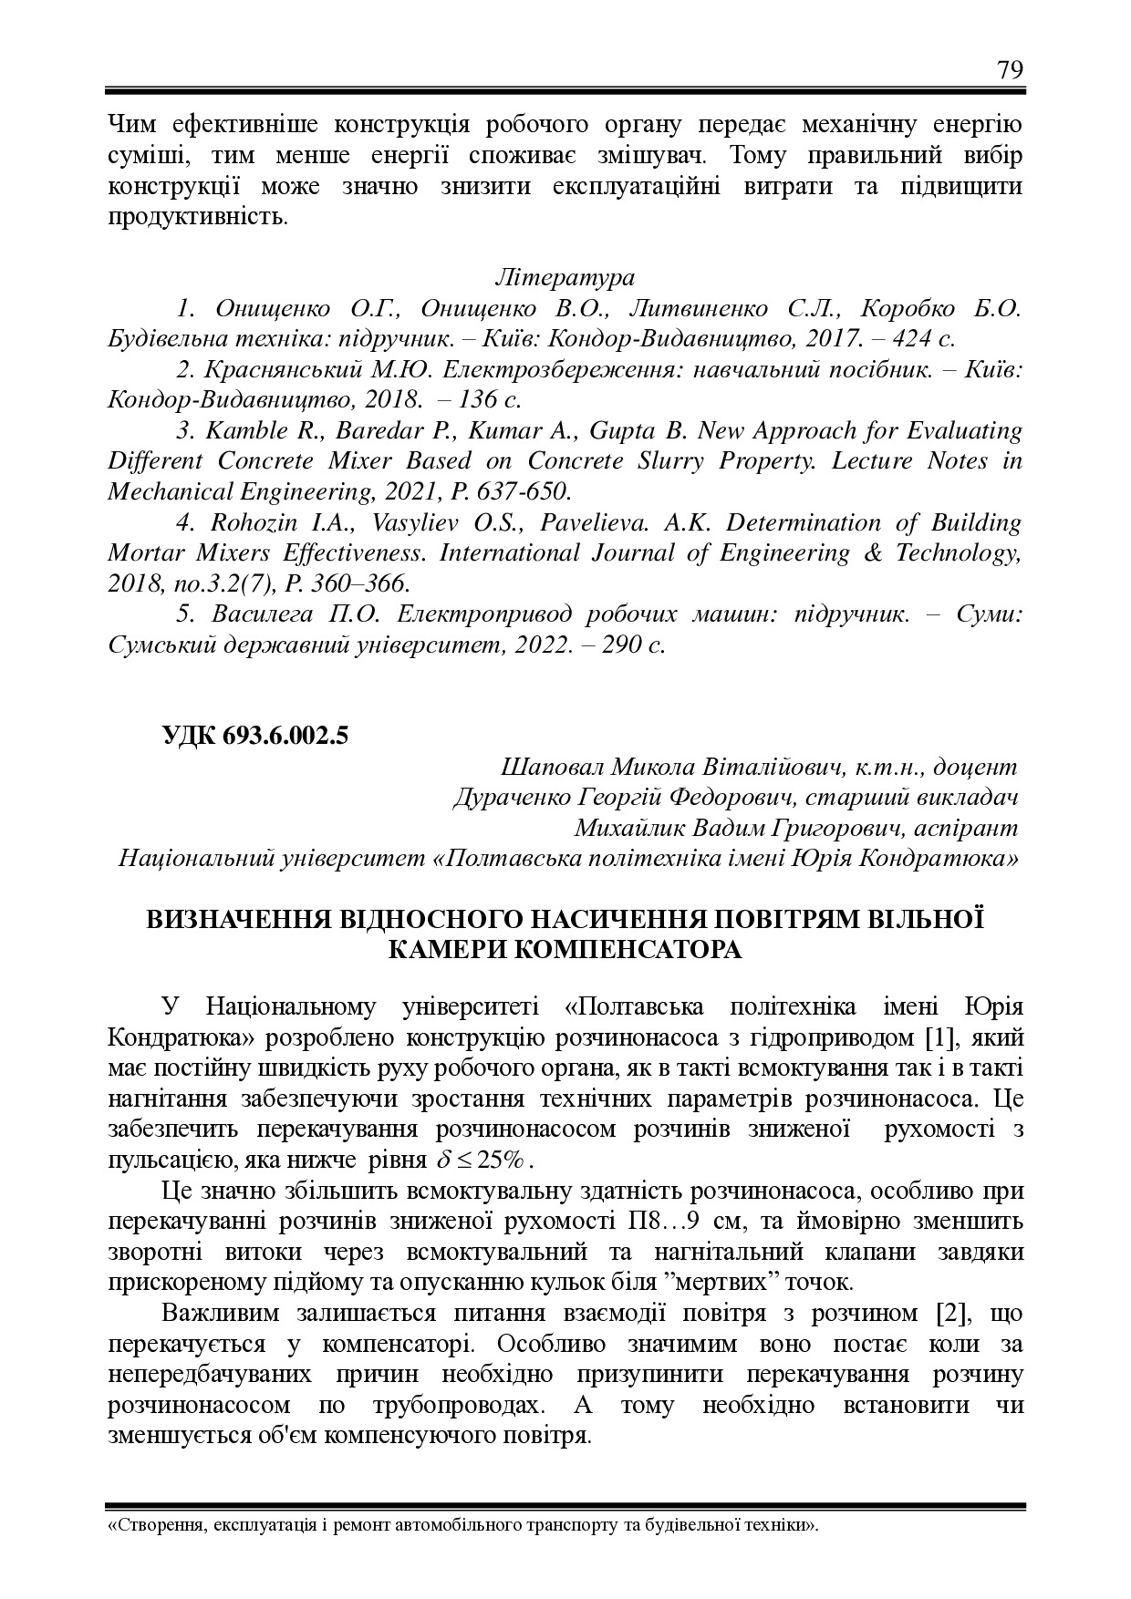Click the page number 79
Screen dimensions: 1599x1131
(x=1010, y=70)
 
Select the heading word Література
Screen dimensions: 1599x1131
(x=565, y=276)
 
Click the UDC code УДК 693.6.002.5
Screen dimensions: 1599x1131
(x=254, y=736)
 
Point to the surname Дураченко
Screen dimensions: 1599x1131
(x=511, y=798)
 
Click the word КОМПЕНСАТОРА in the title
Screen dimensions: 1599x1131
(x=565, y=949)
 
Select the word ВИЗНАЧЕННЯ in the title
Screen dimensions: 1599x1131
(x=249, y=918)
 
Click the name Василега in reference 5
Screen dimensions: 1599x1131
(x=259, y=614)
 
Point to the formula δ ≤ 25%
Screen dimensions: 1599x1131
(x=484, y=1161)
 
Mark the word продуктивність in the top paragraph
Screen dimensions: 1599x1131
(x=196, y=218)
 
